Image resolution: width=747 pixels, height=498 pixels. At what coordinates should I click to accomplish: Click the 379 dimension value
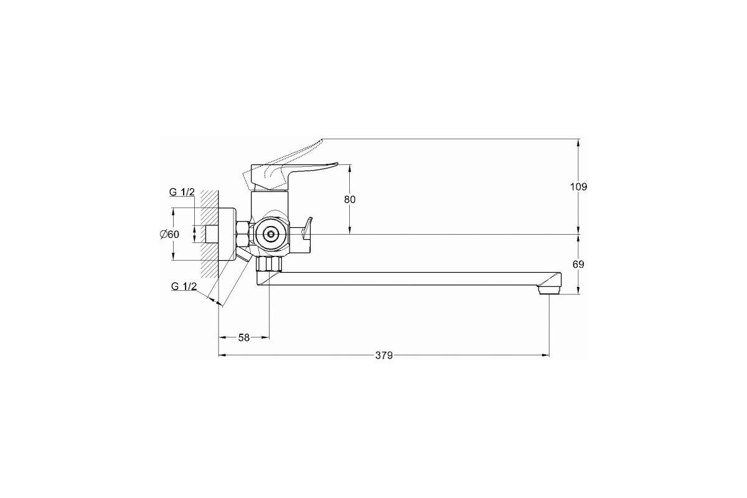[x=384, y=355]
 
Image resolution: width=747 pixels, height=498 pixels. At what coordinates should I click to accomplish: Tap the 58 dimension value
[x=244, y=337]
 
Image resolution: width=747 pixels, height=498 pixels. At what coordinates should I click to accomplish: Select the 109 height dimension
[x=578, y=187]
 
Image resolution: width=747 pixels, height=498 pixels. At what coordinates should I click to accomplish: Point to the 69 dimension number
[x=578, y=264]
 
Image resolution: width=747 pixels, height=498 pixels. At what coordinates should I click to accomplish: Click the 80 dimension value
[x=350, y=199]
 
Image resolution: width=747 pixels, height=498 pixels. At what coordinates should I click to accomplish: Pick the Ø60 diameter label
[x=169, y=235]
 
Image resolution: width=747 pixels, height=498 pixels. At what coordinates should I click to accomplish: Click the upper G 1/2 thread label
[x=182, y=192]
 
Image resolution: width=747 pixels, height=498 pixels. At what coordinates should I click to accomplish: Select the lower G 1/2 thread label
[x=184, y=286]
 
